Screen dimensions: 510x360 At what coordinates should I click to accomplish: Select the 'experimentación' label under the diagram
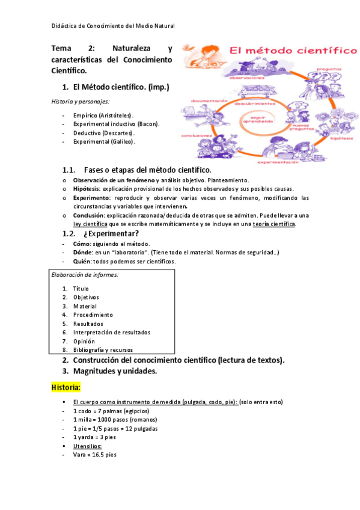tap(279, 162)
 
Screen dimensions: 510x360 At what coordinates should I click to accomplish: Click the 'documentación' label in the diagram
tap(210, 100)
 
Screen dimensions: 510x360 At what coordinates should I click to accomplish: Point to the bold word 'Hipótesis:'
tap(87, 188)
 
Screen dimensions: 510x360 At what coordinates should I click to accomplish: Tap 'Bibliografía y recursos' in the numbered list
tap(103, 349)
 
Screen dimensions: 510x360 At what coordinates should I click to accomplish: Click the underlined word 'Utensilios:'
tap(87, 446)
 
